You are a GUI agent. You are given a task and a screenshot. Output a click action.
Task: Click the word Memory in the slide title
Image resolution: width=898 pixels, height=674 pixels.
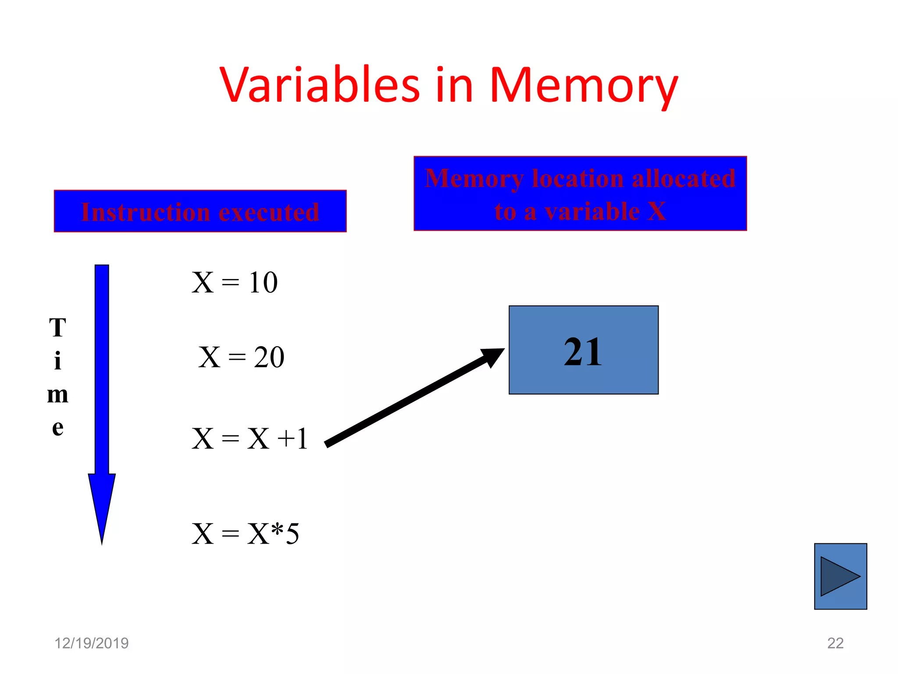point(583,86)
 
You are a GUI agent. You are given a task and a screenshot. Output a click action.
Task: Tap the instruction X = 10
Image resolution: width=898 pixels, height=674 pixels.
point(235,282)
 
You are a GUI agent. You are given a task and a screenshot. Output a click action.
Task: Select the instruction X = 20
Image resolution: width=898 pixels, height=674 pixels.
point(241,357)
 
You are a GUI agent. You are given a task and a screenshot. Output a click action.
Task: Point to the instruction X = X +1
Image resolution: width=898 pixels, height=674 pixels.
point(250,438)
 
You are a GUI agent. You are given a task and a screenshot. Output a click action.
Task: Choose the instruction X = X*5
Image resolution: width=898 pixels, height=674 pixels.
point(246,534)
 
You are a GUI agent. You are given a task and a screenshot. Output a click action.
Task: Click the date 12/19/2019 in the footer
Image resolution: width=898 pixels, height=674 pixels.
point(91,643)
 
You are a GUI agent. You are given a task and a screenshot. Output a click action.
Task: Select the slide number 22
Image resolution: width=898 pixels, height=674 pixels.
point(835,643)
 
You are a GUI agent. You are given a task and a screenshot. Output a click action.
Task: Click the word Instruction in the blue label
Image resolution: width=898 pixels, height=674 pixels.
point(146,212)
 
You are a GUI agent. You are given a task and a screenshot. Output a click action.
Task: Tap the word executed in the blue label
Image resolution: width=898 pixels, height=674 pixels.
point(269,212)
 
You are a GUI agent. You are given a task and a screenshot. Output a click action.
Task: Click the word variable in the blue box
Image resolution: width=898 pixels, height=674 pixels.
point(592,212)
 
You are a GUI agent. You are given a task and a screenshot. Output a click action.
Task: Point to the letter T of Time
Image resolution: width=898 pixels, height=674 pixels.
point(57,328)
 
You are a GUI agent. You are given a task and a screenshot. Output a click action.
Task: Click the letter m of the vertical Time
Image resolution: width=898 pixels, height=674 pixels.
point(57,394)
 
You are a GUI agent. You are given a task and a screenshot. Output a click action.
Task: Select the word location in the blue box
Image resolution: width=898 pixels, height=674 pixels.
point(577,179)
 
